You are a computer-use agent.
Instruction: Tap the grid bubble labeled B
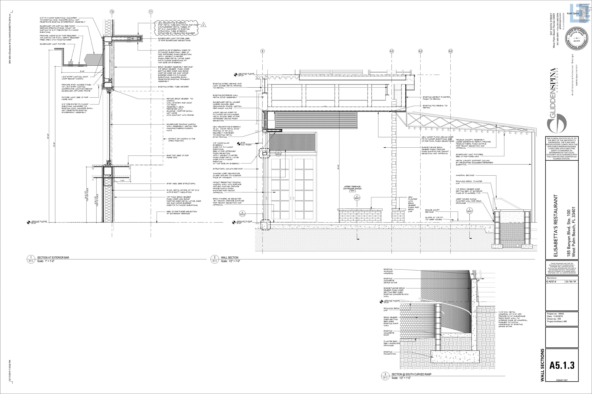click(x=263, y=51)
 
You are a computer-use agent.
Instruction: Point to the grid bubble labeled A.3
click(x=391, y=51)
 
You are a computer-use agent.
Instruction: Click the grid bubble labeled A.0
click(x=450, y=51)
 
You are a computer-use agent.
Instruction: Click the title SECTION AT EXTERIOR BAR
click(x=53, y=257)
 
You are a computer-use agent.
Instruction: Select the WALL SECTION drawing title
click(x=230, y=257)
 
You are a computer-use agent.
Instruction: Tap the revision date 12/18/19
click(x=570, y=282)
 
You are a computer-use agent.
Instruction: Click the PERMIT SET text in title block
click(x=562, y=387)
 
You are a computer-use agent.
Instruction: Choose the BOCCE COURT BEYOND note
click(x=432, y=211)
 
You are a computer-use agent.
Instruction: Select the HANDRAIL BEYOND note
click(x=465, y=175)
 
